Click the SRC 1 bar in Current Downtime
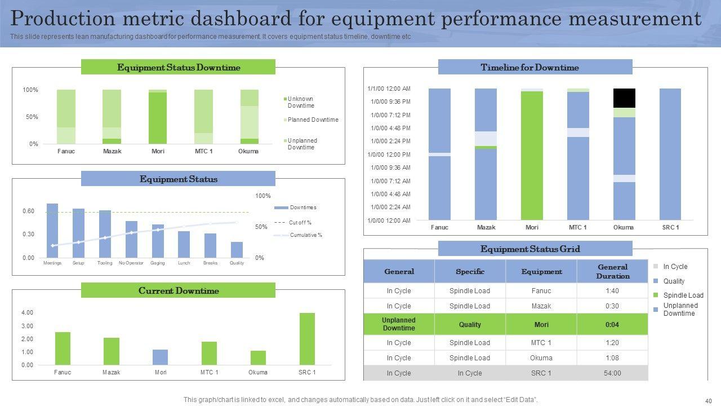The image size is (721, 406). point(307,339)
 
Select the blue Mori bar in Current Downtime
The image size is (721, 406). point(160,357)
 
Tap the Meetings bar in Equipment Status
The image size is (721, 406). point(52,230)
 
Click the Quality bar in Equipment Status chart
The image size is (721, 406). point(237,249)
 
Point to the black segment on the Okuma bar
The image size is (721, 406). point(624,98)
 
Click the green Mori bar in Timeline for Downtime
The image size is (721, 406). point(532,155)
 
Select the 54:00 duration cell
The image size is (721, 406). point(612,373)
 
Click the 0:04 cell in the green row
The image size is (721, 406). point(612,325)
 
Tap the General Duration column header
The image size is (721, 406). point(612,271)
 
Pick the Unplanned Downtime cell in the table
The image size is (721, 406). point(399,325)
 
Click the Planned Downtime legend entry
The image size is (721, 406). point(313,120)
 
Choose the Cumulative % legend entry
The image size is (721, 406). point(306,235)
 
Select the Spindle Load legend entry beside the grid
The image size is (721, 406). point(683,295)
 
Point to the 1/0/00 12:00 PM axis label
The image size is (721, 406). point(389,155)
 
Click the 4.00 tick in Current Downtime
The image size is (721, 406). point(27,312)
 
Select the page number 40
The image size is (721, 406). point(708,400)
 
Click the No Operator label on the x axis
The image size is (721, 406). point(131,263)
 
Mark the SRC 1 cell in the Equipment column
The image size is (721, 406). point(541,373)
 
